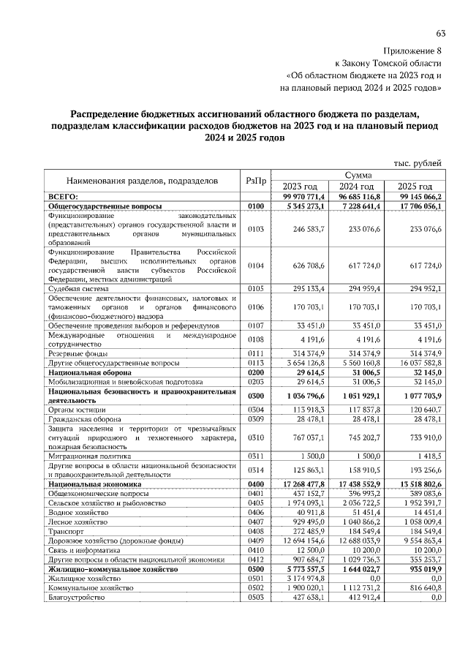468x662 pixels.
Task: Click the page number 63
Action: point(440,34)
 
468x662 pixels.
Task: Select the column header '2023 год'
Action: point(300,187)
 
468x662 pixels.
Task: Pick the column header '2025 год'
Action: point(415,187)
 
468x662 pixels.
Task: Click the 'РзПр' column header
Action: point(255,181)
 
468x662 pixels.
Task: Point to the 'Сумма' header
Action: point(358,176)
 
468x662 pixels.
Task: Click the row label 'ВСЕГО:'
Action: point(63,197)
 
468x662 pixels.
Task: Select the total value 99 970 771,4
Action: point(299,197)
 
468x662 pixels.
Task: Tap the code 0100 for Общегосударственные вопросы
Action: point(255,207)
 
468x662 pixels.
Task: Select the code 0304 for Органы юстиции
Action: point(255,410)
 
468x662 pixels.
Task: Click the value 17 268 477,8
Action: point(299,484)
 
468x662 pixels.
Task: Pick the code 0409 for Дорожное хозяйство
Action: point(255,540)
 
